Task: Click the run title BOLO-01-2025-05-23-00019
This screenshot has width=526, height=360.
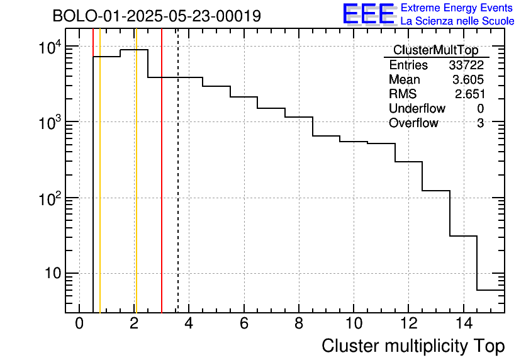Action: pos(157,16)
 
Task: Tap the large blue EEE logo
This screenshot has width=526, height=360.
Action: pos(369,14)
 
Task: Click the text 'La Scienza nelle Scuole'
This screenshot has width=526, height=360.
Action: pos(457,21)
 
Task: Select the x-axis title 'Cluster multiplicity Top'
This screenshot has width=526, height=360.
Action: pos(413,346)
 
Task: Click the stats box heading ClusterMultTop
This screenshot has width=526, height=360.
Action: pos(435,50)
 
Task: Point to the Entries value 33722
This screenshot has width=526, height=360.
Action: pos(466,65)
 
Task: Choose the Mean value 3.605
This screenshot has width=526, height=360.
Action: pos(468,80)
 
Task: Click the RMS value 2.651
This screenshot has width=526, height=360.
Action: pos(469,94)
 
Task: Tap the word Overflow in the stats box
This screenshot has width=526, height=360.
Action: pos(413,123)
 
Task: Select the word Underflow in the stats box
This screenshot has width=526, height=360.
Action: pos(417,109)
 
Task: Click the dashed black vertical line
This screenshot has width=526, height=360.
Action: pos(178,189)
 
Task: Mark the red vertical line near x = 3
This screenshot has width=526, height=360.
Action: pos(162,189)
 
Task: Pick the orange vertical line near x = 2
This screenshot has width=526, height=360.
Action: pos(135,189)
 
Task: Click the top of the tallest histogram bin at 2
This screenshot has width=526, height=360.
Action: pos(134,50)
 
